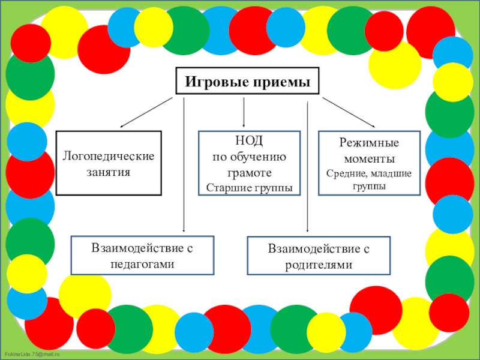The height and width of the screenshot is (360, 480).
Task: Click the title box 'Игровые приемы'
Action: [x=247, y=81]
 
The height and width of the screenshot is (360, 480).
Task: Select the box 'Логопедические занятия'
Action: [x=109, y=163]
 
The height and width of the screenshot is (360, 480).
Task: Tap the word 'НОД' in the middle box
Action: [x=250, y=141]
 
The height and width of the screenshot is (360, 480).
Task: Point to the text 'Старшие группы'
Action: [x=250, y=187]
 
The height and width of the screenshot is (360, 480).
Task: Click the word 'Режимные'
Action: [x=369, y=145]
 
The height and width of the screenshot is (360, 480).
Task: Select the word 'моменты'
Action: [x=369, y=160]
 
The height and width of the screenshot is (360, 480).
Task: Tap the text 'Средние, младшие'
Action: [x=369, y=174]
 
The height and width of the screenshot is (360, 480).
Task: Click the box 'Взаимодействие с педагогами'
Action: [x=143, y=256]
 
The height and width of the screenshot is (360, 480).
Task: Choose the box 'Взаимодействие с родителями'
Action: [x=319, y=256]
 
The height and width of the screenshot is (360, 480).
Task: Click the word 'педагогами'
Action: [x=143, y=263]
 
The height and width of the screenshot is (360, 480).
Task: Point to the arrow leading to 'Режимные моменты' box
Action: [x=349, y=112]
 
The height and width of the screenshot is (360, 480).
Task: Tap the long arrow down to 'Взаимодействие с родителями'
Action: [x=307, y=168]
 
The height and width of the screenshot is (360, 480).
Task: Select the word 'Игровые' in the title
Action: [x=212, y=81]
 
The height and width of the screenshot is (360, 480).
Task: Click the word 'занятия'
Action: [x=109, y=172]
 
